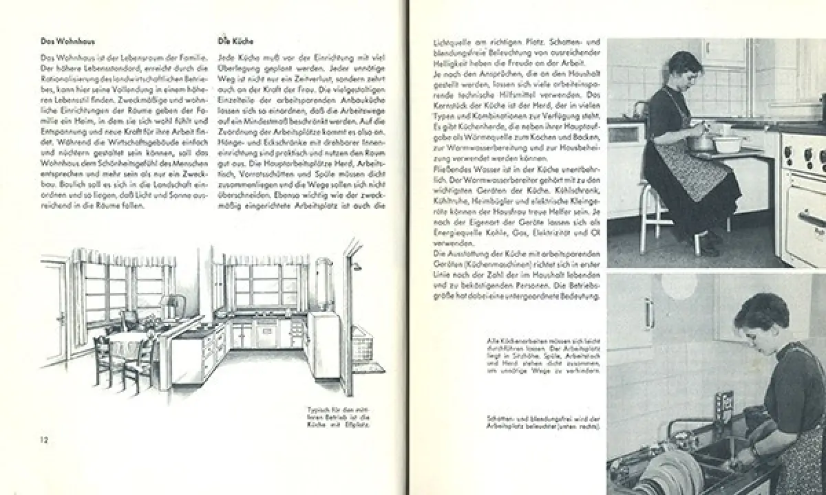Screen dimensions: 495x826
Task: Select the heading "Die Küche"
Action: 232,41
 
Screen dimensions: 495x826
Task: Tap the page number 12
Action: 43,439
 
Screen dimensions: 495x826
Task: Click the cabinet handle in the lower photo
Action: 648,313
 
